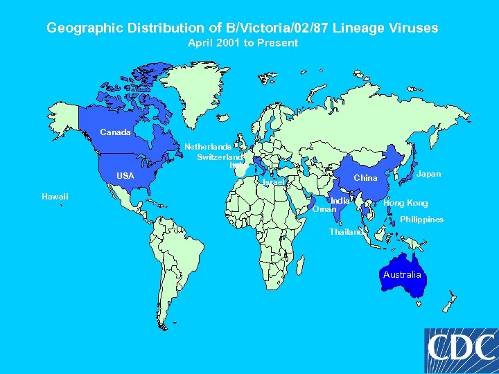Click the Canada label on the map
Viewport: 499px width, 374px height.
click(115, 132)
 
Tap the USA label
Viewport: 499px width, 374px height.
click(125, 176)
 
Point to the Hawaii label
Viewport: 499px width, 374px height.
click(55, 197)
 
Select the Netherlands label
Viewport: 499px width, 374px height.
click(207, 147)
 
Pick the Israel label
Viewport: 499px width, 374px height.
click(274, 182)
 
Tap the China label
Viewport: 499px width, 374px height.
click(365, 178)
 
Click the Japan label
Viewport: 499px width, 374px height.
click(428, 174)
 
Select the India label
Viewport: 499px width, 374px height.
click(340, 200)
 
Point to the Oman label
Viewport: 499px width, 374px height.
click(324, 208)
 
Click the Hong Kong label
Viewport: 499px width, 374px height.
click(405, 203)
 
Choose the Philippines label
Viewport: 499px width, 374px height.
click(421, 220)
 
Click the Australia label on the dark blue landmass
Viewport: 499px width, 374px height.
click(402, 275)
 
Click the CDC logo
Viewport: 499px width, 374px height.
click(461, 349)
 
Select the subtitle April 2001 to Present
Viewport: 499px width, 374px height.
click(243, 43)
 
